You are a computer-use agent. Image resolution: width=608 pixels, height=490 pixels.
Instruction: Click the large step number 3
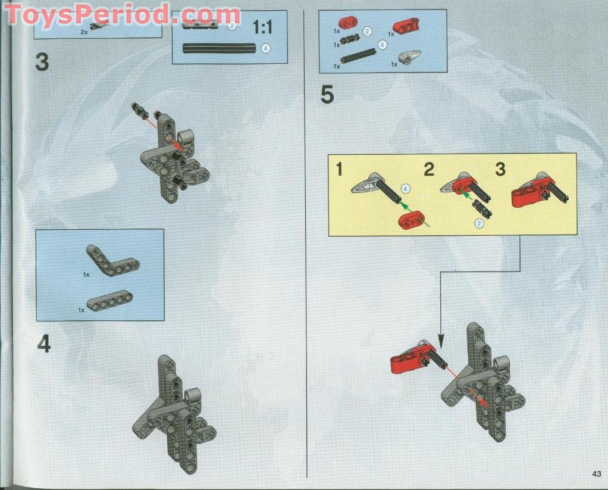[x=42, y=63]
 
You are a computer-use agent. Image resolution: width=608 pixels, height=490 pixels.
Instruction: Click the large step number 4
[x=43, y=344]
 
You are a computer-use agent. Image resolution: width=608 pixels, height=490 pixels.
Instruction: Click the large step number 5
[x=327, y=95]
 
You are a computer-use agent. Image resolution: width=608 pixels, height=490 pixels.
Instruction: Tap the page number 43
[x=597, y=474]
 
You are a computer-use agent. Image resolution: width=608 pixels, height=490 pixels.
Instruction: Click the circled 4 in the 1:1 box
[x=266, y=49]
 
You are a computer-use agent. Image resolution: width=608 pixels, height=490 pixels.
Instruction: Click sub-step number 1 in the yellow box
[x=339, y=170]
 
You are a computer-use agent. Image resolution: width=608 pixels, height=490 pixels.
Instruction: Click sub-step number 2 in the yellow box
[x=429, y=170]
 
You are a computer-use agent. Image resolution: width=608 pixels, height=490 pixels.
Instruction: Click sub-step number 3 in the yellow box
[x=500, y=170]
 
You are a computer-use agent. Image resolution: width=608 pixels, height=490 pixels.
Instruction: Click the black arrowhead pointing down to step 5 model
[x=441, y=341]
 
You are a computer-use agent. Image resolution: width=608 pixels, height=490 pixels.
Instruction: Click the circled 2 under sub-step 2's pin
[x=479, y=223]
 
